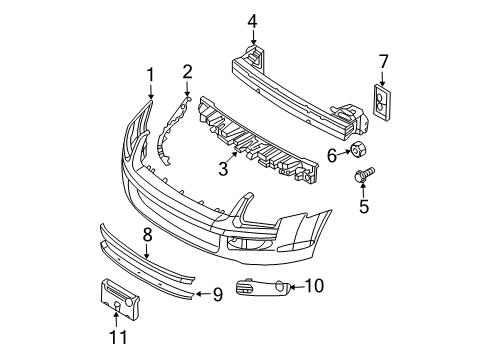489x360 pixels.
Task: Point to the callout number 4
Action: coord(253,20)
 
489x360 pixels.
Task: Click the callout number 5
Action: coord(364,207)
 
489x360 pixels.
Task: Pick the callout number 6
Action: coord(331,155)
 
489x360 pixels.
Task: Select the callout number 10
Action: coord(314,287)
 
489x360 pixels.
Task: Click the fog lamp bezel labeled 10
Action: coord(262,290)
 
